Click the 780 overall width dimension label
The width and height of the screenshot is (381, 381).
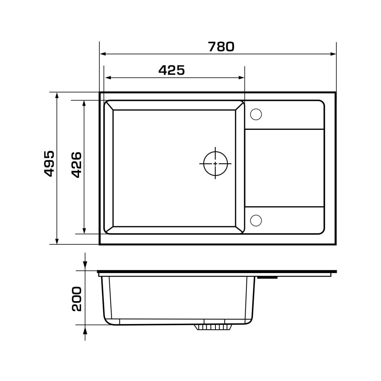click(221, 47)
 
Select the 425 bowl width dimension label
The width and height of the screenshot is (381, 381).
click(172, 70)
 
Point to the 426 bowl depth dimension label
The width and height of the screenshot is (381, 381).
click(77, 165)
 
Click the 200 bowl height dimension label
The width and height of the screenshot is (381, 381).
click(77, 299)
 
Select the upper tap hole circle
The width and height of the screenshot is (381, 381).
click(256, 114)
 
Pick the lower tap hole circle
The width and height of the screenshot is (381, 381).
click(256, 221)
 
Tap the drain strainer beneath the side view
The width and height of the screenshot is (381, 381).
click(213, 327)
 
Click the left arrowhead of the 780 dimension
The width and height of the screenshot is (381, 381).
click(103, 54)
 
